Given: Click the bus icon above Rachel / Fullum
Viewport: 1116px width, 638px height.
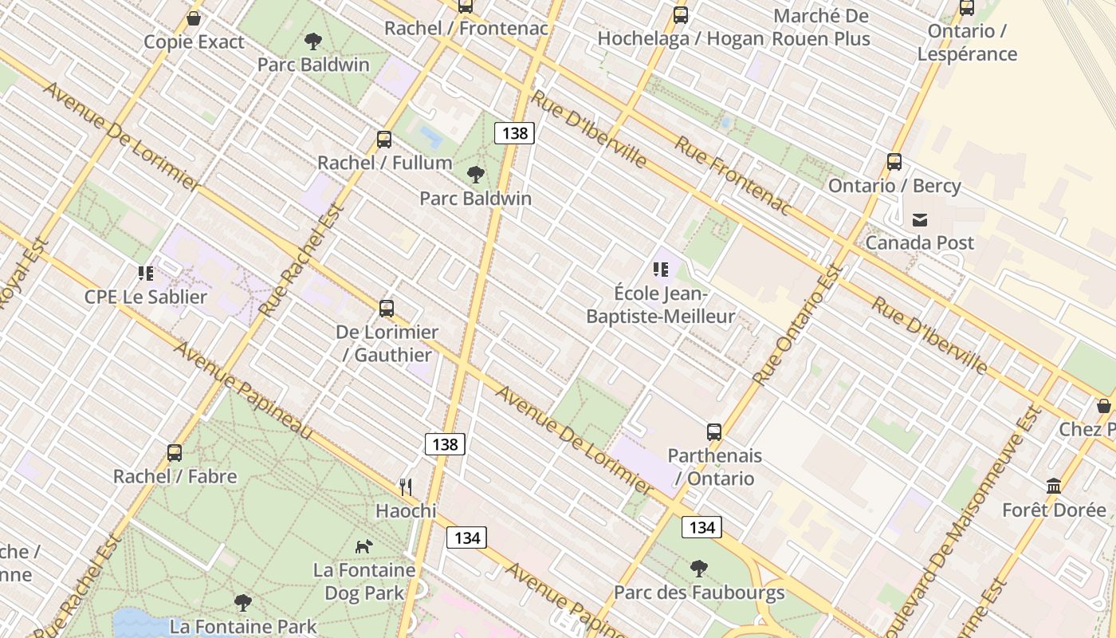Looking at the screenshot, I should (384, 140).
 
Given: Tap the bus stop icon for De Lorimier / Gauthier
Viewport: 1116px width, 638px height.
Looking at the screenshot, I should (387, 309).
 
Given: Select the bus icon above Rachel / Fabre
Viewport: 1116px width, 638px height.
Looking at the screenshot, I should (175, 453).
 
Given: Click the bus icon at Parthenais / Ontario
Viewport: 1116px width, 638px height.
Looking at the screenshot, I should (714, 432).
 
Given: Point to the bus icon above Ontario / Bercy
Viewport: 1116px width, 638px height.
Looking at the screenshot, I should (894, 162).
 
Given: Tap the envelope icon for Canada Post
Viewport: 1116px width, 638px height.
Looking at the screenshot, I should (920, 219).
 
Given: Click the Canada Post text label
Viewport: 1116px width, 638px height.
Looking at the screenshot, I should (919, 242).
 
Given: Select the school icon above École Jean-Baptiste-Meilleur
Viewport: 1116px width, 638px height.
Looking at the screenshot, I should (660, 270).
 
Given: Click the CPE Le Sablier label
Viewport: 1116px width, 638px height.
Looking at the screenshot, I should (146, 297).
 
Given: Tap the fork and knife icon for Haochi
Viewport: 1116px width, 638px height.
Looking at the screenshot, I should (406, 486).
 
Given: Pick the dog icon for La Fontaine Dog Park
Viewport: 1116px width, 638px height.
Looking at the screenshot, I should (364, 546).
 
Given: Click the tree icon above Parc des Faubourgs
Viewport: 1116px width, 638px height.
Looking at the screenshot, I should (699, 569).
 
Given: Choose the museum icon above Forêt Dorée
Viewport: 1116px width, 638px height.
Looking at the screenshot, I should (1054, 486).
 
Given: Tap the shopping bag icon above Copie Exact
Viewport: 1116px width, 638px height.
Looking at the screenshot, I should (194, 18).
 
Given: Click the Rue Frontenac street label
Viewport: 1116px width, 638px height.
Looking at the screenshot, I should (733, 175).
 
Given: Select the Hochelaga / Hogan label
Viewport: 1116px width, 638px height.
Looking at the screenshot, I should (680, 38).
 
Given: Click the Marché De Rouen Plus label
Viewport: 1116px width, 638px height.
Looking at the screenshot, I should (821, 27).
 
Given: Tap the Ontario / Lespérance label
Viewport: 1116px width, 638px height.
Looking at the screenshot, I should (967, 42).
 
